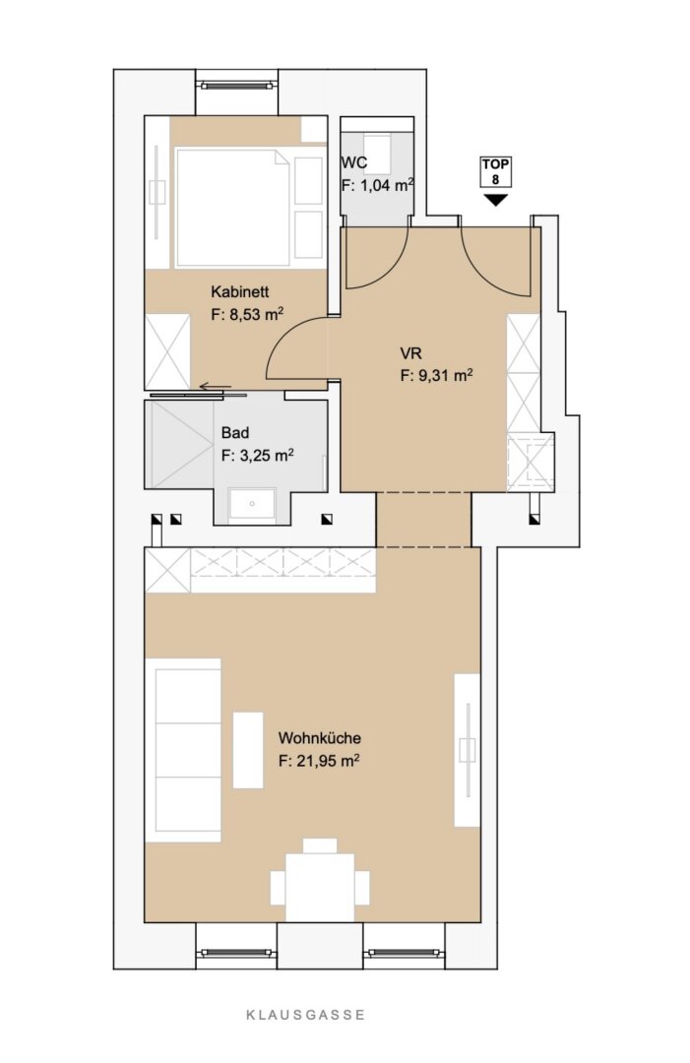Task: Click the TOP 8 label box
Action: tap(495, 171)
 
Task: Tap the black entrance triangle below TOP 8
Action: tap(495, 200)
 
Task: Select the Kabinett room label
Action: tap(240, 291)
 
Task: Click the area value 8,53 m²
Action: tap(247, 315)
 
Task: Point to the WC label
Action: tap(353, 162)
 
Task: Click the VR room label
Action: tap(410, 353)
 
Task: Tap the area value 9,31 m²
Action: tap(436, 376)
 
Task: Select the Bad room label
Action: tap(235, 432)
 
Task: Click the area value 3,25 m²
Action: tap(257, 455)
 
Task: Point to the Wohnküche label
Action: tap(320, 737)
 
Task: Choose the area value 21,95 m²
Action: tap(319, 761)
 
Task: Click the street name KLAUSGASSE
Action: tap(306, 1014)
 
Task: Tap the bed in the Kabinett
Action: tap(233, 208)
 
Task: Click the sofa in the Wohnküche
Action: tap(183, 750)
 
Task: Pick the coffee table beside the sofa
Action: tap(248, 750)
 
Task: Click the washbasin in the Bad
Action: tap(251, 504)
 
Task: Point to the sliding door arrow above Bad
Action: tap(216, 387)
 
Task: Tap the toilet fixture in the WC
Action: tap(377, 153)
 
